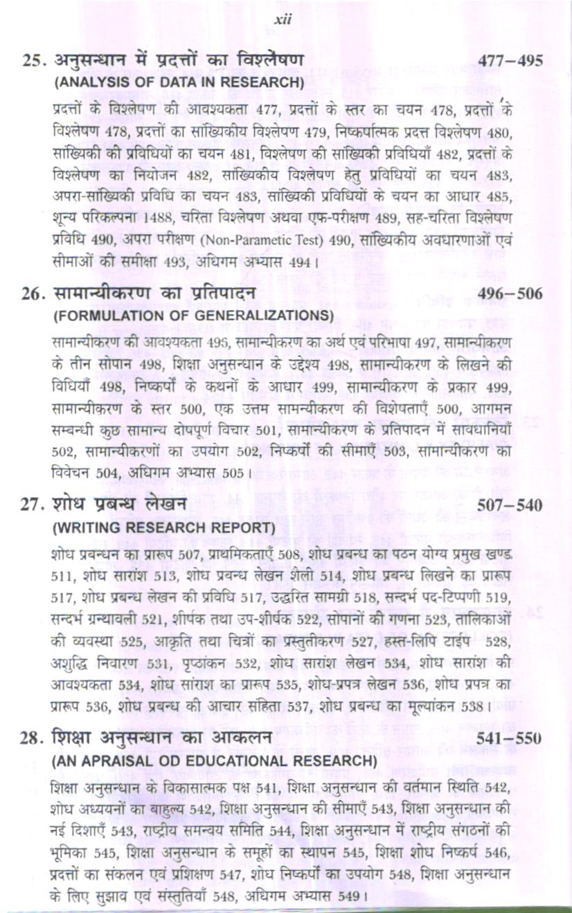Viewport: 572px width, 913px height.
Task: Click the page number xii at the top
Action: pyautogui.click(x=283, y=20)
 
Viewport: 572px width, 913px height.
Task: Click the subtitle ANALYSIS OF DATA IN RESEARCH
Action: pyautogui.click(x=179, y=82)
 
